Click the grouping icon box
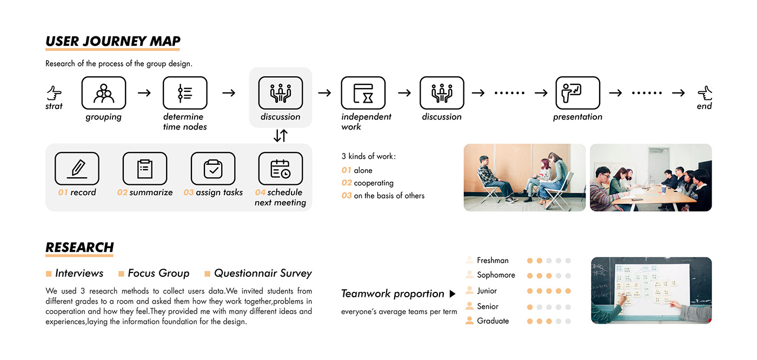(104, 93)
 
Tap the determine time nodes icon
(185, 93)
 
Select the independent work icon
(363, 93)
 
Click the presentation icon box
(577, 93)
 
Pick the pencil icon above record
(77, 169)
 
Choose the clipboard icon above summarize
(144, 169)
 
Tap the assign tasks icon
(213, 169)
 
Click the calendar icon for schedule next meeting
(280, 169)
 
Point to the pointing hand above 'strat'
(54, 93)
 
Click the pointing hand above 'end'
(705, 93)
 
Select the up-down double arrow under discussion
(280, 136)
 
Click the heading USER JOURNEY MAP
(113, 42)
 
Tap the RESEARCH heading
(79, 248)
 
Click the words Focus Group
(158, 274)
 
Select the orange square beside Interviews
(49, 274)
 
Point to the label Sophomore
(496, 275)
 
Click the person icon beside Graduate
(469, 321)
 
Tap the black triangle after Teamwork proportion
(453, 294)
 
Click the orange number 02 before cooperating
(346, 183)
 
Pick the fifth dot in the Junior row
(568, 291)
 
